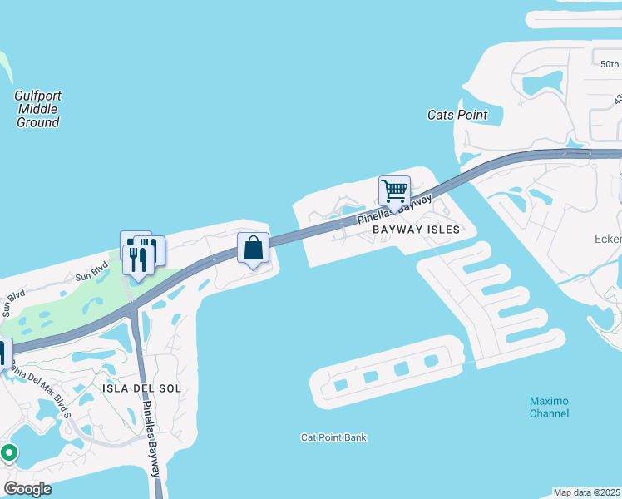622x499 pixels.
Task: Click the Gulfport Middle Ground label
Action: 37,109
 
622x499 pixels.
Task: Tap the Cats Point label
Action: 457,115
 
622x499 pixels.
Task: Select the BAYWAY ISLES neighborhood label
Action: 416,230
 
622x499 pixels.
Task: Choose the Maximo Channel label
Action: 550,407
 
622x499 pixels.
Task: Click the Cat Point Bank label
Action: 333,437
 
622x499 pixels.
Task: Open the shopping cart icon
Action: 394,190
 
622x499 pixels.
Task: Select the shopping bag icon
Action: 253,248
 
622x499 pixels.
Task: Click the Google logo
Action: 27,488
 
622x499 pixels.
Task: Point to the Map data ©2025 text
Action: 587,492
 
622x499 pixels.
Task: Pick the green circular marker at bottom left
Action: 9,453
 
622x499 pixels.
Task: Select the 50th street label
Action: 610,64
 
